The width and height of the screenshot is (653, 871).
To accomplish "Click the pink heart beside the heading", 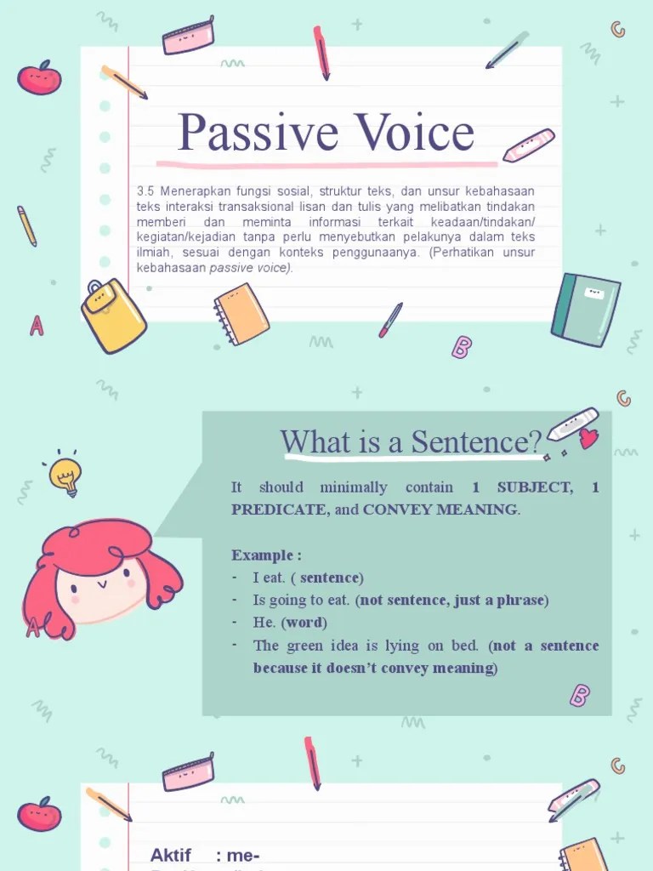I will [x=588, y=439].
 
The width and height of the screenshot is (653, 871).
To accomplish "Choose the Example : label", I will [x=266, y=555].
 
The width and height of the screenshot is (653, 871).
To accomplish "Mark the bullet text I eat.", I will [x=270, y=578].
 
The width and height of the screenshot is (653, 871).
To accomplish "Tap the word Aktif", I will [x=171, y=855].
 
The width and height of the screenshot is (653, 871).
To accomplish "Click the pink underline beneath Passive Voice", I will [x=326, y=164].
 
